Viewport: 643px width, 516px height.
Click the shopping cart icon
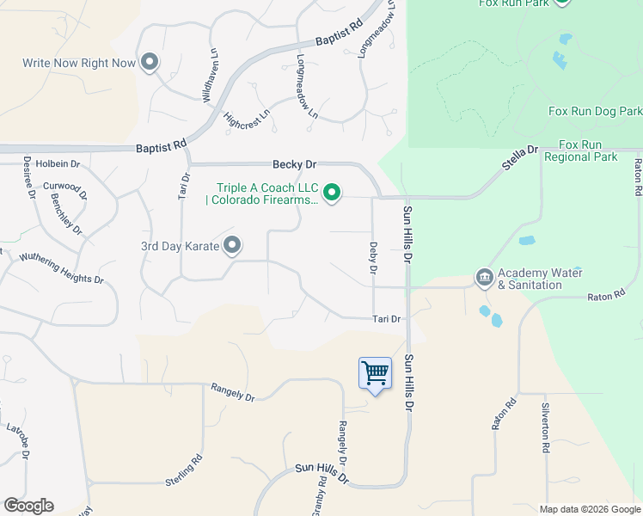(x=375, y=373)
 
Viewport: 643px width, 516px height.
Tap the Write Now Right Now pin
(x=150, y=61)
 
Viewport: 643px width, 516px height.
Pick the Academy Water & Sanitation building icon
(x=483, y=278)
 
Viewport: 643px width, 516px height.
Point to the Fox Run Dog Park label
(x=595, y=112)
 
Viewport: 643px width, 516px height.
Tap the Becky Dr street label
(x=295, y=163)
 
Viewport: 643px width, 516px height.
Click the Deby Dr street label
(x=373, y=257)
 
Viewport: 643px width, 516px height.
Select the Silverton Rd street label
(x=545, y=427)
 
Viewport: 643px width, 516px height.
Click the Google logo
(x=28, y=506)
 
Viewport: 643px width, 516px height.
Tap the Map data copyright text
(x=589, y=508)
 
